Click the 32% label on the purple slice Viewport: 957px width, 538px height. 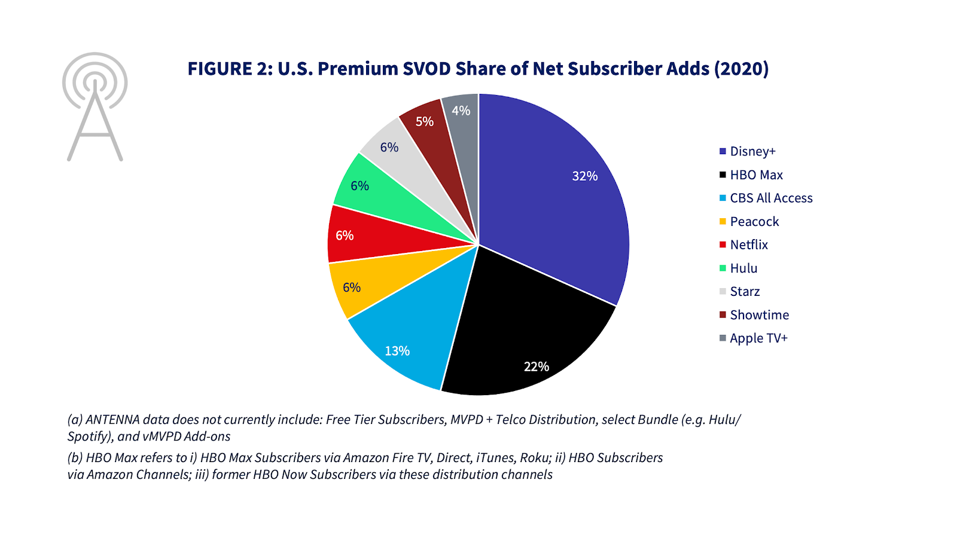point(584,176)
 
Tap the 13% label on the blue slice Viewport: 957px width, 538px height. point(397,351)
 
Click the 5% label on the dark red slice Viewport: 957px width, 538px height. point(425,121)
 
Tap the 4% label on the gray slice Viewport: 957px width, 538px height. point(461,111)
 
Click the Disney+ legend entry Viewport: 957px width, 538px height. point(752,151)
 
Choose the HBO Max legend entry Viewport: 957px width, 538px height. point(756,175)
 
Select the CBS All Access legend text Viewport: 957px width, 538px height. point(771,198)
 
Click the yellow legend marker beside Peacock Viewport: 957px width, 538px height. point(723,221)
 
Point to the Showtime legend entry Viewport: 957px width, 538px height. point(759,314)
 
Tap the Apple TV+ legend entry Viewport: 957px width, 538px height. point(758,338)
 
